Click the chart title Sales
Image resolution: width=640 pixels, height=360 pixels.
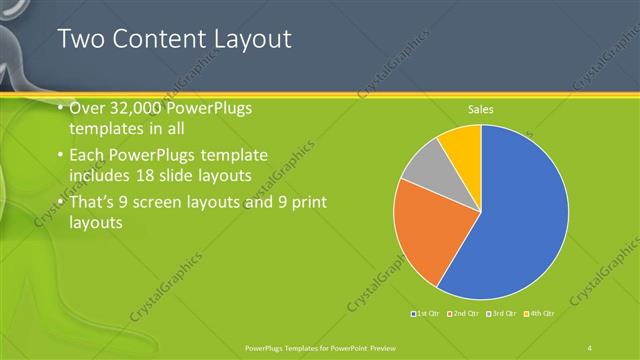click(481, 110)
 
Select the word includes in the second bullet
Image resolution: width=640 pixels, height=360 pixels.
click(103, 176)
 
